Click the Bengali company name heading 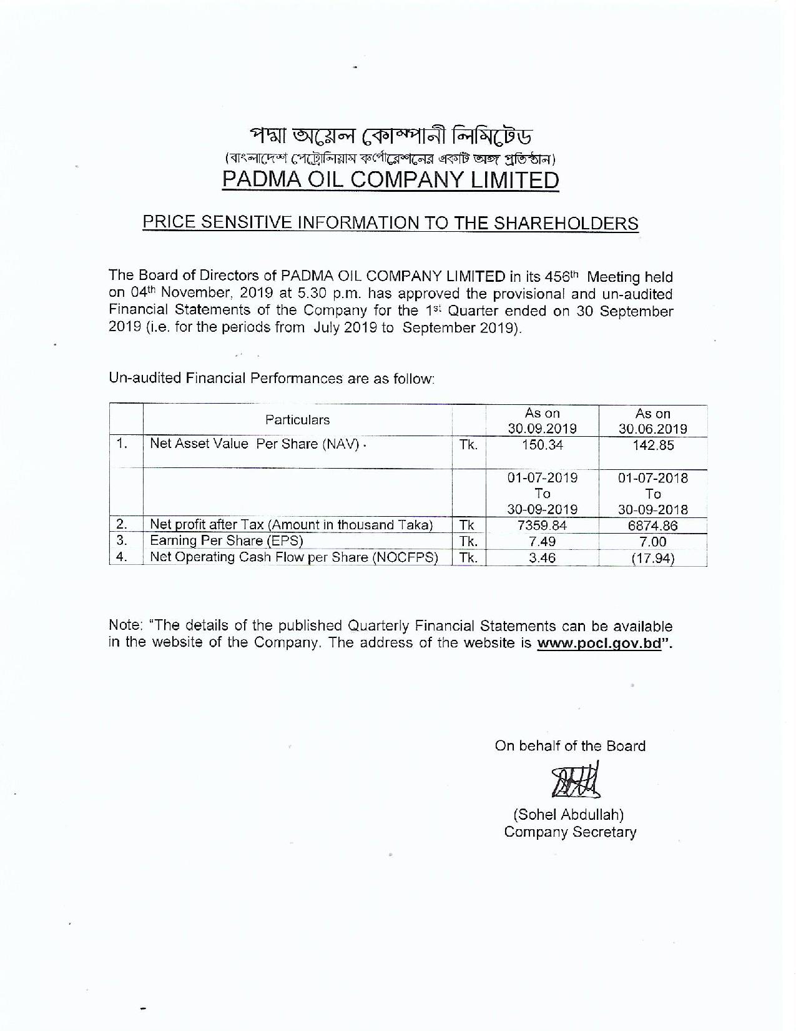point(391,136)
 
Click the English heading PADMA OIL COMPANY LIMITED point(391,180)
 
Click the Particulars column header point(297,420)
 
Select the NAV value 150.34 point(542,446)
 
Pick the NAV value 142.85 point(652,446)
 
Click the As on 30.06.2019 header point(652,421)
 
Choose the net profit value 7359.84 point(542,525)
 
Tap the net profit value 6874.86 point(652,525)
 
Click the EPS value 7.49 point(542,542)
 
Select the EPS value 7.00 point(652,542)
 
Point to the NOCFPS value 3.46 point(542,558)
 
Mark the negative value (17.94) point(652,558)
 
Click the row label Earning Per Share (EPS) point(226,541)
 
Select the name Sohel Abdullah point(569,814)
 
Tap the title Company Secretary point(570,832)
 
